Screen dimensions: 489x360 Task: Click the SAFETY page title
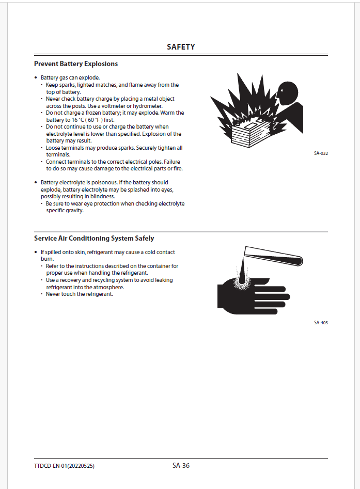[181, 47]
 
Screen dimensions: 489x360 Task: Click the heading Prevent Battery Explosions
[76, 64]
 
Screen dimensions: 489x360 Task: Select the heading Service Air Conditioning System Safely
[94, 239]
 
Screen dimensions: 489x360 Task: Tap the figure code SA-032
[321, 153]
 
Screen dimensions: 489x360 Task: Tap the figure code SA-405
[321, 323]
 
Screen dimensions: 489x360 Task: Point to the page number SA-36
[181, 465]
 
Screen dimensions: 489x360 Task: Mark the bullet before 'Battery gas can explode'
[36, 77]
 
